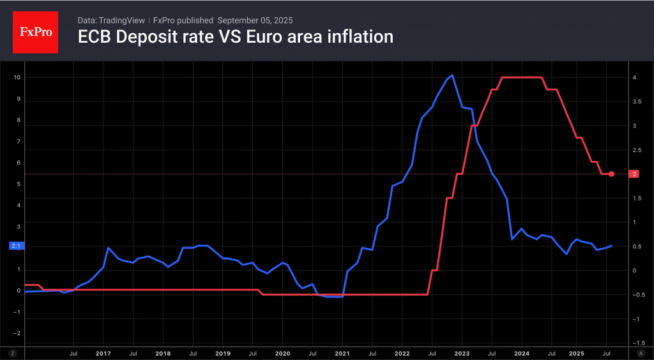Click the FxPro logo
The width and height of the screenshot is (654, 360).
36,31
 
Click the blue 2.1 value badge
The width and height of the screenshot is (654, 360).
16,246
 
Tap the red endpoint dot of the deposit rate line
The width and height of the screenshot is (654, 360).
611,174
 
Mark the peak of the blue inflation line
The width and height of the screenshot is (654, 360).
452,75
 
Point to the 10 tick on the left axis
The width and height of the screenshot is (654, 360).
17,78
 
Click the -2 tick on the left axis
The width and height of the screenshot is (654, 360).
17,333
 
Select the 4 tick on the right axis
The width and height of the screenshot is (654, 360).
634,78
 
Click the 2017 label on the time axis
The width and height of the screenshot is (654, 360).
103,353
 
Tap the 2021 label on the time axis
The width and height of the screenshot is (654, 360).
342,353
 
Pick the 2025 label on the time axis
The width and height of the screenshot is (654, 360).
576,353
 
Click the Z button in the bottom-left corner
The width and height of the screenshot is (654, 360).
12,353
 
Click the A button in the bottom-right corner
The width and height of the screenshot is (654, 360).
641,353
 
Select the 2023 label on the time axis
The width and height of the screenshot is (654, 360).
461,353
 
